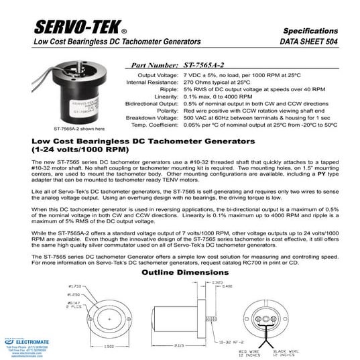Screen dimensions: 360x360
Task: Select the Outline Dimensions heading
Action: click(180, 273)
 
